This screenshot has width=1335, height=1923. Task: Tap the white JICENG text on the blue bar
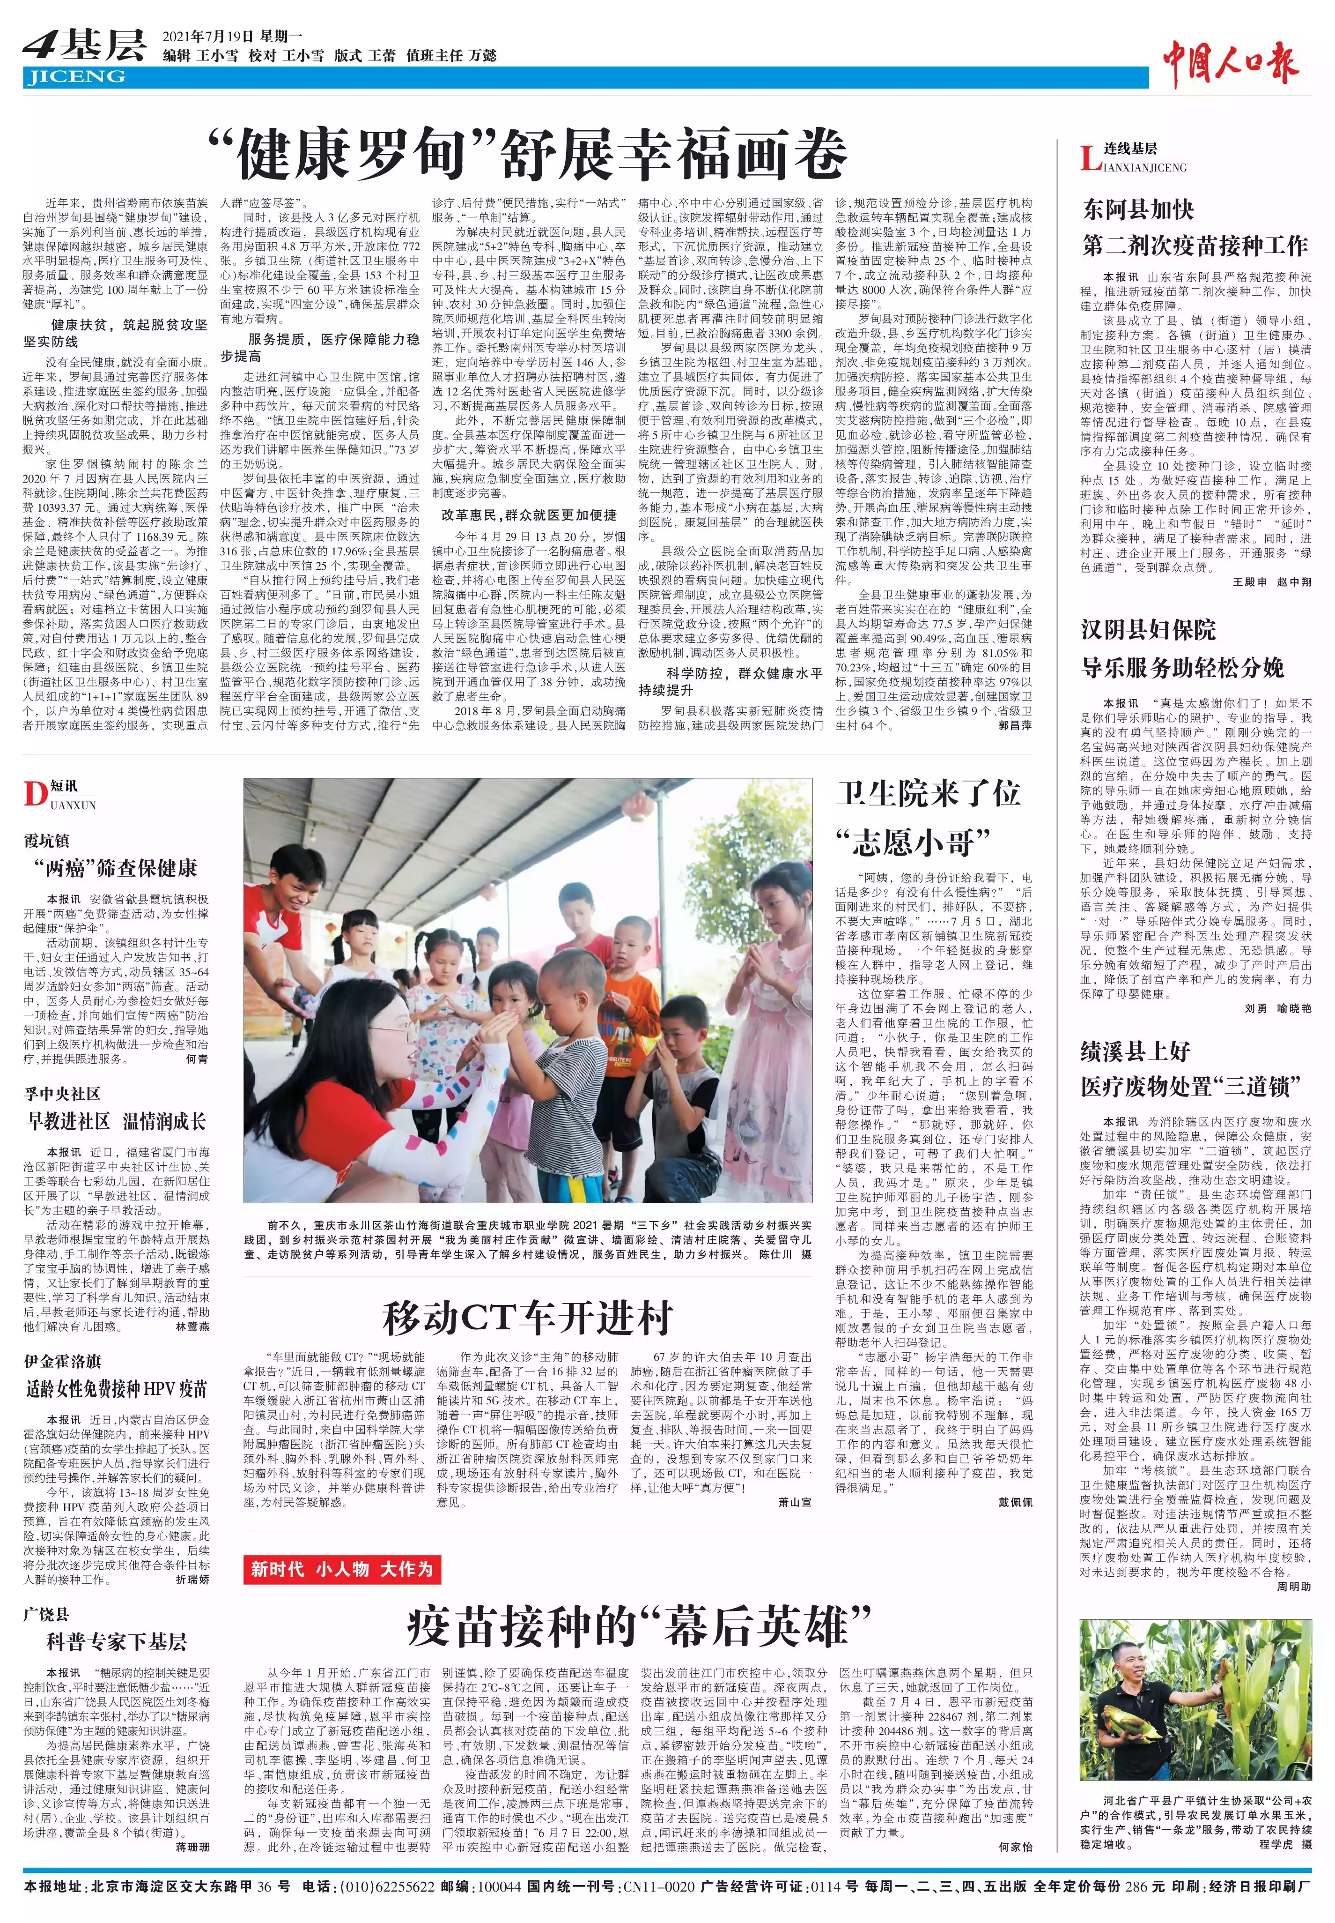[x=75, y=77]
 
